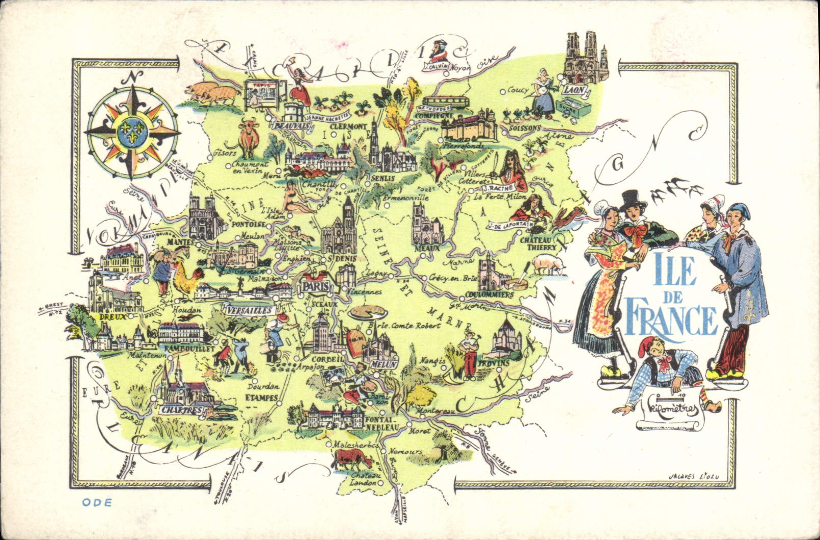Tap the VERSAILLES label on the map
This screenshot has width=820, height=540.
point(243,310)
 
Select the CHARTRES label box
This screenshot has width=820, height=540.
point(181,410)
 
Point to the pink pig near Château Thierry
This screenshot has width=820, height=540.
point(549,265)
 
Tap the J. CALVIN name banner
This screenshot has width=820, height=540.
point(436,66)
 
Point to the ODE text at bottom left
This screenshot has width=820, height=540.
point(96,502)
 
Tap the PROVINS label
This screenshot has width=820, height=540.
point(494,363)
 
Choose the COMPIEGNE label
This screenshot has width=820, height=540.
point(434,115)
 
